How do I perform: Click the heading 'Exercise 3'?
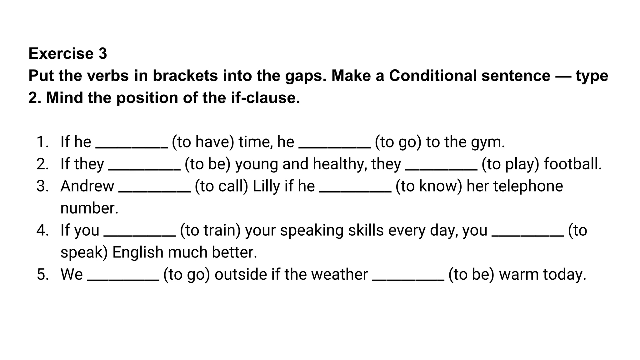pos(67,53)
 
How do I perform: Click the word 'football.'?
pos(573,164)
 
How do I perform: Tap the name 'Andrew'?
pos(87,186)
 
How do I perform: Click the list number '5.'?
pos(43,275)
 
